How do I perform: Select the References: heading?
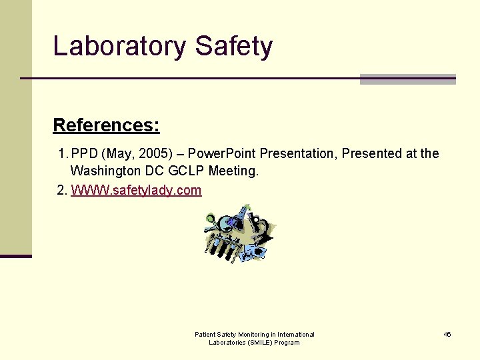click(x=106, y=125)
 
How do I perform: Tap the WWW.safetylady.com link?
click(x=136, y=191)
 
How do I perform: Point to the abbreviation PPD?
click(x=84, y=154)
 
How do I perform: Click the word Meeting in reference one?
click(x=233, y=171)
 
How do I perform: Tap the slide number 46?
click(x=447, y=334)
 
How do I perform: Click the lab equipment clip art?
click(x=239, y=233)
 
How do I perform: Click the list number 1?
click(x=62, y=154)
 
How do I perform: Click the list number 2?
click(x=62, y=191)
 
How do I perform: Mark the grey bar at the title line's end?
click(x=407, y=79)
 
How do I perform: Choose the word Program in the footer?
click(x=287, y=343)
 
